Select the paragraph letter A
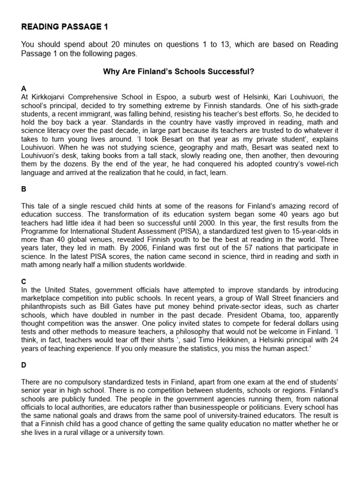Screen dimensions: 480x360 pos(24,89)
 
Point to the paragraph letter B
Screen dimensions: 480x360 pos(24,189)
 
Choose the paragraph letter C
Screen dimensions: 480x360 pos(24,281)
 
